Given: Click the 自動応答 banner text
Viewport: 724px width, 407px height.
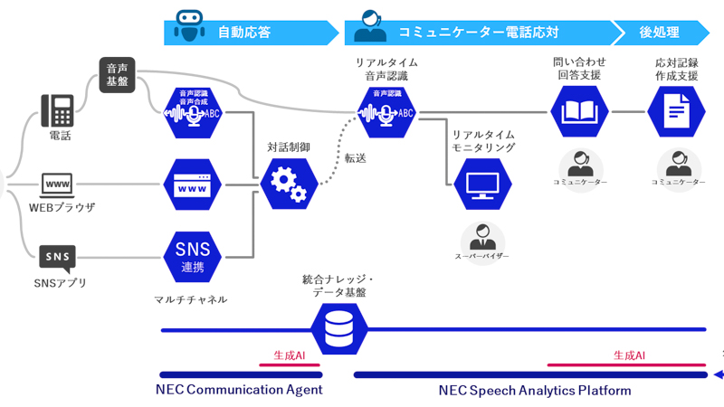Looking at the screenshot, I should coord(244,33).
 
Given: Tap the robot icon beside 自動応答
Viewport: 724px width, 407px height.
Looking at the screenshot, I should coord(188,26).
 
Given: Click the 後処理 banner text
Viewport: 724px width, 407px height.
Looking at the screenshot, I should coord(659,33).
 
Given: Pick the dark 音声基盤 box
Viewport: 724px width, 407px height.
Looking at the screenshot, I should coord(117,75).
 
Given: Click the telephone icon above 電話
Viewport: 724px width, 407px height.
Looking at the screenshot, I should coord(58,110).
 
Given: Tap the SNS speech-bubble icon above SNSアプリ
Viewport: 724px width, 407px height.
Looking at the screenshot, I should coord(57,257).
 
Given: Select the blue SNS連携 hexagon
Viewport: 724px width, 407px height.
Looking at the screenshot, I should coord(192,256).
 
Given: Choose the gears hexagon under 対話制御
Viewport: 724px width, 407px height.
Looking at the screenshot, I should coord(290,184).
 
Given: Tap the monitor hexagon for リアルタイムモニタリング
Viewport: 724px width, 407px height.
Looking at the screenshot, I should coord(482,184).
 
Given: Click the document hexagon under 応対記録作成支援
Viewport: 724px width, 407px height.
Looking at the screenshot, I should coord(678,112).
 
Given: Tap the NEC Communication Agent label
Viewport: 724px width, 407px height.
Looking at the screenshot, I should coord(240,391).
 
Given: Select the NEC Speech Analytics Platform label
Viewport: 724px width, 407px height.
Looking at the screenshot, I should coord(534,391).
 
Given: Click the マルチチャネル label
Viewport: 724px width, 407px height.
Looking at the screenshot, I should coord(191,298).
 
